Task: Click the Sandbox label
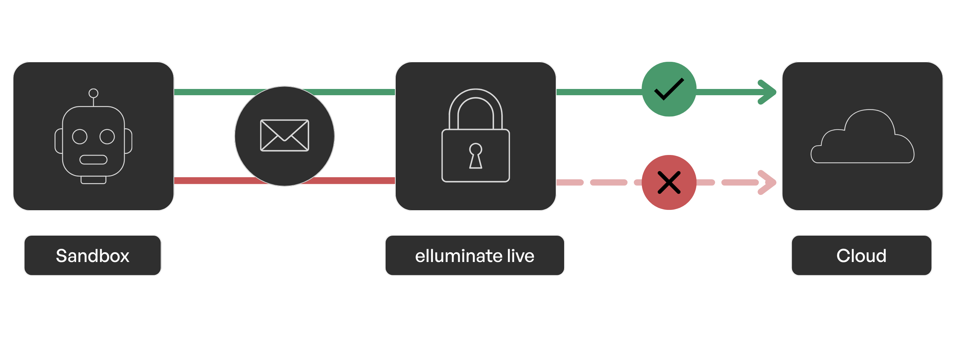point(92,255)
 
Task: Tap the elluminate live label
point(474,255)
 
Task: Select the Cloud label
point(861,255)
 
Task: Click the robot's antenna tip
point(93,93)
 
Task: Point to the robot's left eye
point(80,137)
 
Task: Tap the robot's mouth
point(93,159)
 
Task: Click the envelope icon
point(284,136)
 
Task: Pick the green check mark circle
point(669,89)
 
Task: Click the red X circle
point(669,182)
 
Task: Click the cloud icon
point(862,139)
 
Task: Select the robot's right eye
point(107,137)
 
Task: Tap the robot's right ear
point(129,141)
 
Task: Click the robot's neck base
point(93,180)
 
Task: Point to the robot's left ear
point(59,141)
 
